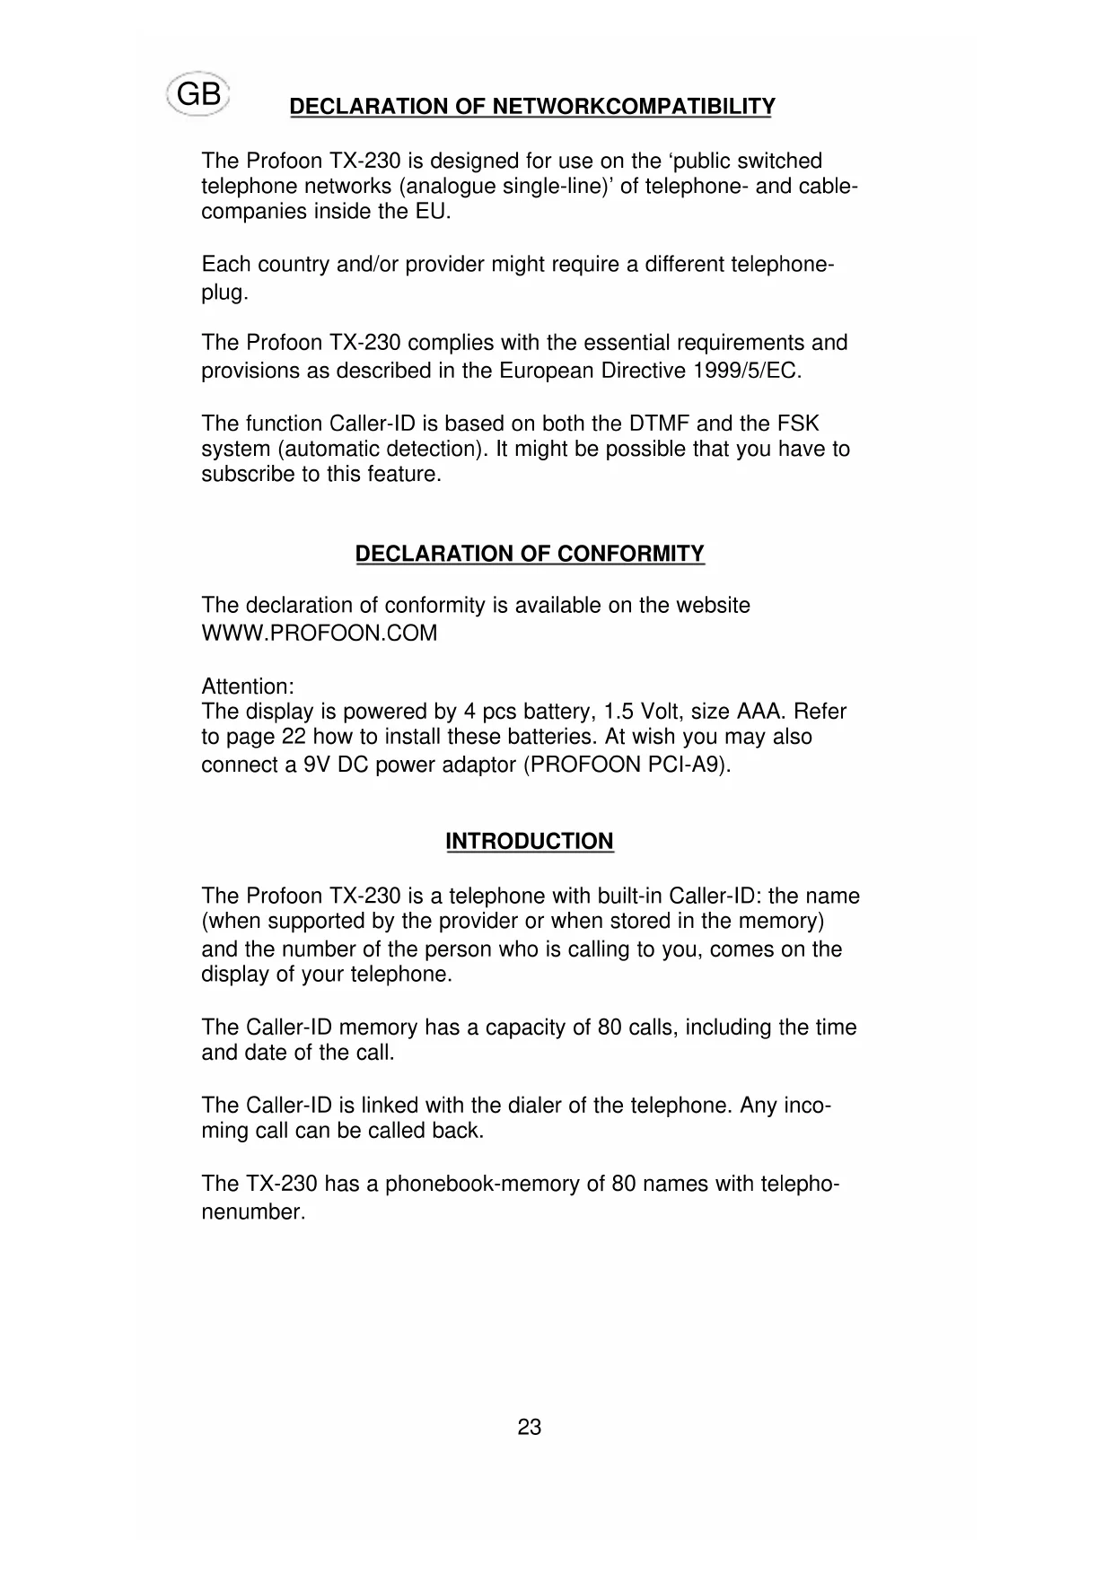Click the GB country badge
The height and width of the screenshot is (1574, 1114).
(198, 94)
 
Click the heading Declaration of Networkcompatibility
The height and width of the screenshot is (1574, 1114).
(531, 107)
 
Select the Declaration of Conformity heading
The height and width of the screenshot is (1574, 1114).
(530, 554)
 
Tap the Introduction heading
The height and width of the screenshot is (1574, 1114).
(530, 841)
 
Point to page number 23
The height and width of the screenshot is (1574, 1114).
(530, 1427)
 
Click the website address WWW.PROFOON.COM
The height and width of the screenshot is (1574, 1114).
(319, 634)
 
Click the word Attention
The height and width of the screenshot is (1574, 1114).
(247, 686)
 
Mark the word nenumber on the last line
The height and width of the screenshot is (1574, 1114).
(253, 1212)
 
